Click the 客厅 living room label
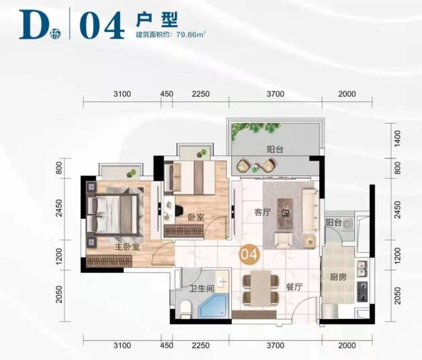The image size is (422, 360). click(262, 212)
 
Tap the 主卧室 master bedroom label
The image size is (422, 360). click(127, 247)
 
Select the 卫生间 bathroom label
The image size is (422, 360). click(201, 289)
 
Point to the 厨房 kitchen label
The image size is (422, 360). click(338, 277)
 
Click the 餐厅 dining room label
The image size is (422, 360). click(294, 287)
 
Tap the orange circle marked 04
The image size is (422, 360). click(250, 254)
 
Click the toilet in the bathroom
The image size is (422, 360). click(185, 310)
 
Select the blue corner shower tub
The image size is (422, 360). click(214, 306)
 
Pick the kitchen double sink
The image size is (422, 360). click(362, 269)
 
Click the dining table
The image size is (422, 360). click(261, 288)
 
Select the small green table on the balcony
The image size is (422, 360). click(254, 169)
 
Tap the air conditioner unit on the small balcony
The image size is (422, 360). click(348, 224)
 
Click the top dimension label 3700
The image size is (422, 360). click(275, 94)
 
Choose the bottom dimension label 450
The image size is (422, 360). click(167, 346)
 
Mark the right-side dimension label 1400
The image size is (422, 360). click(397, 139)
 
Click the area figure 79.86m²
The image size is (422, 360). click(191, 35)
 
